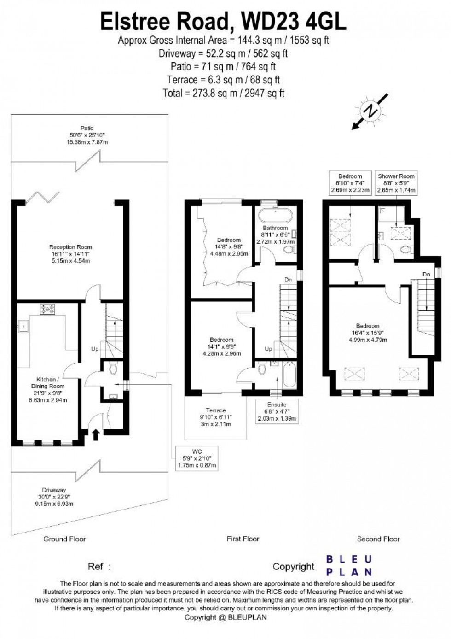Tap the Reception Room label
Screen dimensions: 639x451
coord(71,254)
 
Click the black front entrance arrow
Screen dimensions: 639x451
coord(96,434)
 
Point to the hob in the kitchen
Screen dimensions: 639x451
coord(47,309)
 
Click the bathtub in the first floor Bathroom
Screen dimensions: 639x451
coord(275,216)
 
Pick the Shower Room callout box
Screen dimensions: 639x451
coord(396,183)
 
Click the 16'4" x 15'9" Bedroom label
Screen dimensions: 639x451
coord(367,333)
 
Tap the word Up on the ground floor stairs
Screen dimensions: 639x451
coord(94,349)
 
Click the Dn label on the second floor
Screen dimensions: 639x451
coord(427,275)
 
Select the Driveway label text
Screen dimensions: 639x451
coord(55,497)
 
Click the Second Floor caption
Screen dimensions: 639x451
coord(378,539)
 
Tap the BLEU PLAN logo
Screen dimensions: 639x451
coord(348,566)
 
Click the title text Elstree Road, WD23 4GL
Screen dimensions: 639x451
coord(224,22)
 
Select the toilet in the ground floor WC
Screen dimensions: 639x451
coord(113,369)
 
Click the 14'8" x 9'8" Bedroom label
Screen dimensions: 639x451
coord(229,247)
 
